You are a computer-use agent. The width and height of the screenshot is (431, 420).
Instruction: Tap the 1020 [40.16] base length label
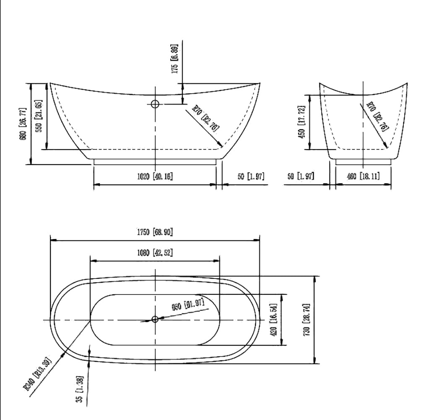coord(155,176)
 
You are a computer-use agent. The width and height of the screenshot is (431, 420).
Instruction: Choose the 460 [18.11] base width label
coord(363,176)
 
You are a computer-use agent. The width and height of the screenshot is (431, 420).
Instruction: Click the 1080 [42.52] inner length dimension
coord(155,253)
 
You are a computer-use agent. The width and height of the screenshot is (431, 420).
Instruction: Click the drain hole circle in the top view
coord(155,319)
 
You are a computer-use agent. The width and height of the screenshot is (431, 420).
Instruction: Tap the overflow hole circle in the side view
coord(155,104)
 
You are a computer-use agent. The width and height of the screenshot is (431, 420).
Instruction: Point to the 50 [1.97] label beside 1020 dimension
coord(251,176)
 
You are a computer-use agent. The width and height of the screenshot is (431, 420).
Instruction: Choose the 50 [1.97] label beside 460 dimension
coord(301,176)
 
